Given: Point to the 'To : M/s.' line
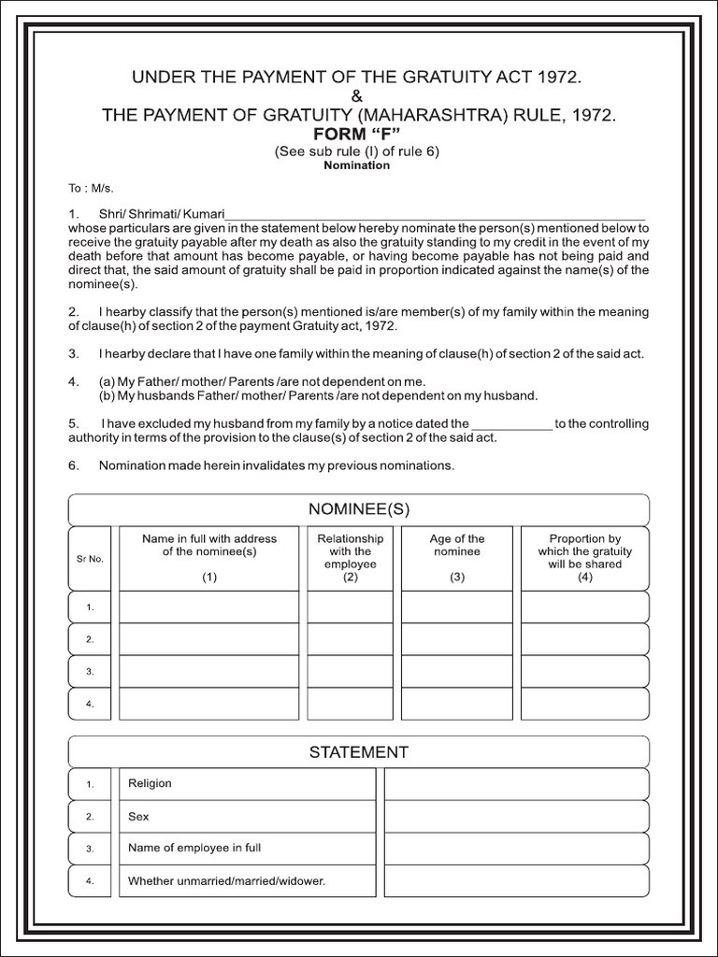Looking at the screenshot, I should pyautogui.click(x=92, y=189).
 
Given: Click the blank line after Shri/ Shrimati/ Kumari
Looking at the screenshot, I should pyautogui.click(x=436, y=215).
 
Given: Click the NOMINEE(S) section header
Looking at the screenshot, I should pyautogui.click(x=359, y=509).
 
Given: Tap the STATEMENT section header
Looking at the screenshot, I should pyautogui.click(x=359, y=751).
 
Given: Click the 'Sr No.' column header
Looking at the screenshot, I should pyautogui.click(x=90, y=559).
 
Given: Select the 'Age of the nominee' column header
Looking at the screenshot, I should pyautogui.click(x=457, y=546).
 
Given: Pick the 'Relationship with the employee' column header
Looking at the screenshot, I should pyautogui.click(x=351, y=551).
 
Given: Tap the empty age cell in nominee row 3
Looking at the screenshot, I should pyautogui.click(x=457, y=671).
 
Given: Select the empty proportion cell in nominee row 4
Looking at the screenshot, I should pyautogui.click(x=585, y=704).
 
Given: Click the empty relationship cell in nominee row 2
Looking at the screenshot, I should pyautogui.click(x=351, y=639).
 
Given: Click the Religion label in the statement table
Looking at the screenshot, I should pyautogui.click(x=150, y=784).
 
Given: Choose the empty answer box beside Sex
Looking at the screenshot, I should pyautogui.click(x=516, y=816).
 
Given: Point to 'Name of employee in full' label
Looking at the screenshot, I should pyautogui.click(x=194, y=849).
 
